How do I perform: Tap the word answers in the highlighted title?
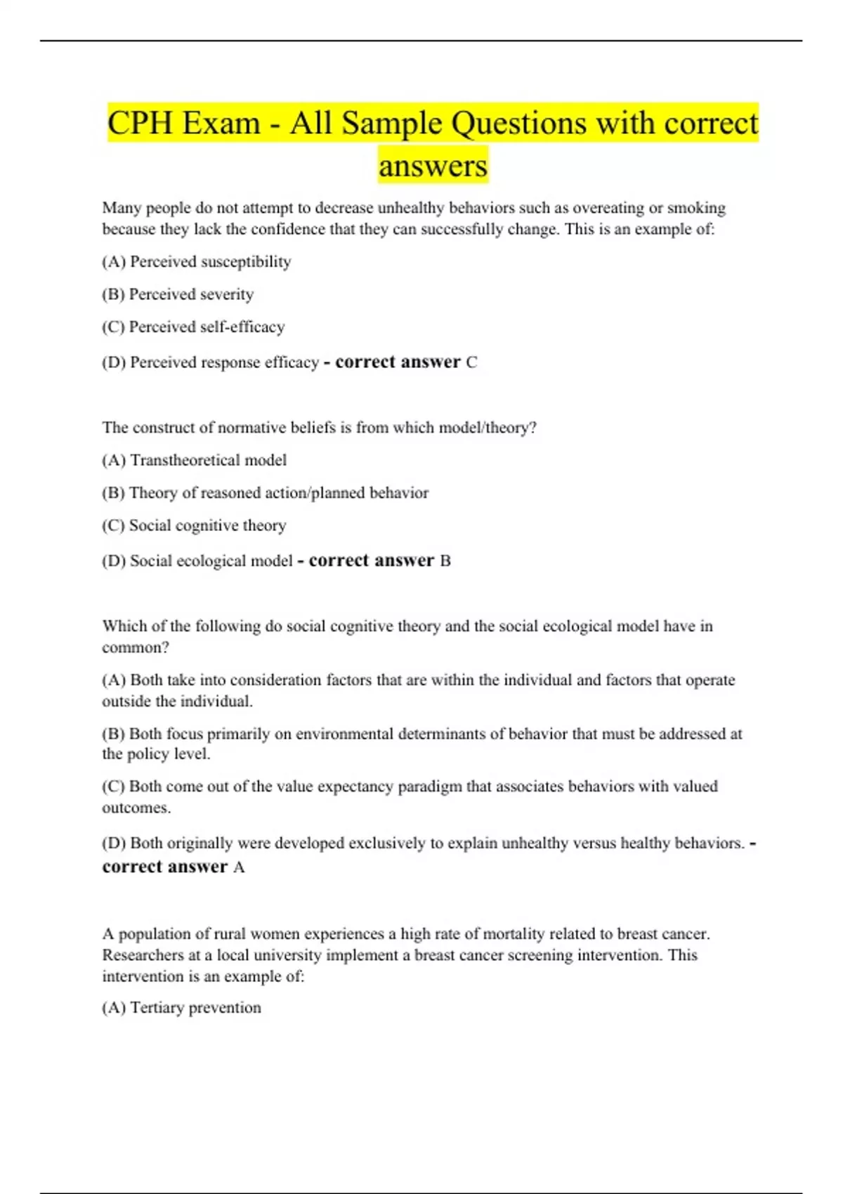433,166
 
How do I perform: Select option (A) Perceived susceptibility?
197,262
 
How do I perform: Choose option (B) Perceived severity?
178,294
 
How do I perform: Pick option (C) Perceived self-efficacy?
193,327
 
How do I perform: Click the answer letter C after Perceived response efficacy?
472,362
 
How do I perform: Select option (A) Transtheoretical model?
195,461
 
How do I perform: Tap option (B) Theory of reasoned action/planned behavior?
265,493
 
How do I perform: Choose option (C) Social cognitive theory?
194,526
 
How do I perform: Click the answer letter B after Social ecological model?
445,561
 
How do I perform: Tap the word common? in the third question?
136,648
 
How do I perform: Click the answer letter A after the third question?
239,867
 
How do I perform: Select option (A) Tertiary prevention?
181,1008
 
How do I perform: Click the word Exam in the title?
221,124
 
